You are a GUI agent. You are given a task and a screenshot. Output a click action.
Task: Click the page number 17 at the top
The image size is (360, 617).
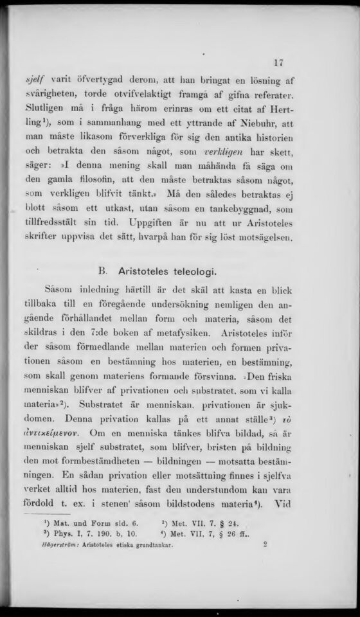(278, 63)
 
